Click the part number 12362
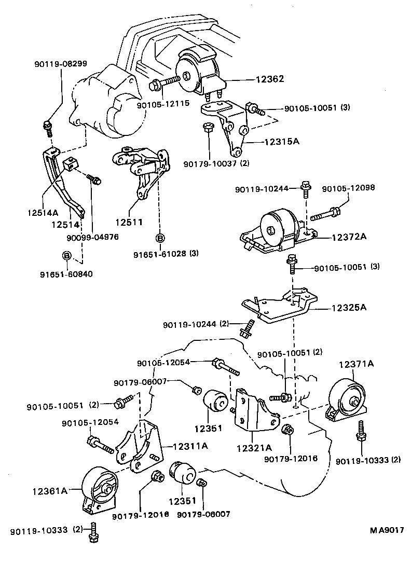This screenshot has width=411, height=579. click(x=269, y=80)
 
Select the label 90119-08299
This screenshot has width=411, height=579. click(x=61, y=64)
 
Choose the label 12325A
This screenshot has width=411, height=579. click(x=349, y=307)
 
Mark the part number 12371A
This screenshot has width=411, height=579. click(x=357, y=364)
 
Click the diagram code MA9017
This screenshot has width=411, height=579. click(x=387, y=530)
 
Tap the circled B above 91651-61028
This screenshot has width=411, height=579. click(x=160, y=239)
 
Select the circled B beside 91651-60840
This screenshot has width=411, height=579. click(x=66, y=255)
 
